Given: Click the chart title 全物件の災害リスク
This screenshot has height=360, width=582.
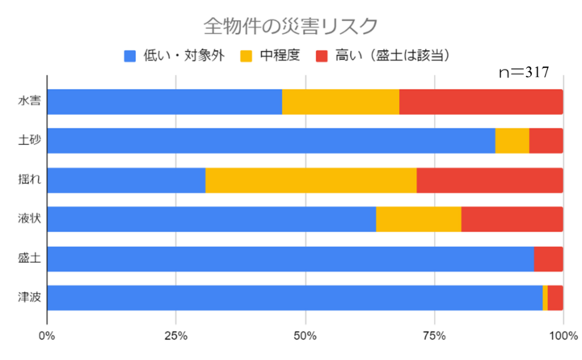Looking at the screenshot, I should click(x=290, y=26).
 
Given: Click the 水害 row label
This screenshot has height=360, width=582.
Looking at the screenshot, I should click(x=32, y=102).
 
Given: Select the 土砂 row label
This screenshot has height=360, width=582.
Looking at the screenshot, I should click(x=32, y=141).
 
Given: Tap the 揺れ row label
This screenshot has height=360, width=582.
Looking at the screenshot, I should click(x=32, y=180).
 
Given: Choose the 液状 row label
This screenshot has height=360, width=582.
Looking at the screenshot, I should click(x=32, y=219).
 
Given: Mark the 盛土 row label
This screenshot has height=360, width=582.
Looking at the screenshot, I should click(x=32, y=258).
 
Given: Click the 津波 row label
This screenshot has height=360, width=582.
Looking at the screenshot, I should click(x=32, y=298).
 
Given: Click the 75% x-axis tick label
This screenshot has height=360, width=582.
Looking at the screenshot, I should click(x=434, y=335).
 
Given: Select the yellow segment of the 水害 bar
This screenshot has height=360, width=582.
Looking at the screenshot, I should click(x=340, y=102).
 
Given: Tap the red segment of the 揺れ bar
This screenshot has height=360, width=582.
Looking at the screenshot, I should click(x=490, y=180).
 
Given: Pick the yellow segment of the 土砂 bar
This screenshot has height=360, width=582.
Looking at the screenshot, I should click(x=512, y=141).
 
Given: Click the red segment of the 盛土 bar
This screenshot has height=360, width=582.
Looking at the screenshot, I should click(x=548, y=258).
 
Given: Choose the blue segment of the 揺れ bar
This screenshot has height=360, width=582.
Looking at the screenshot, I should click(x=126, y=180).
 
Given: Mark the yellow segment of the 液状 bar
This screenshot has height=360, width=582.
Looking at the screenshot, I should click(x=419, y=219).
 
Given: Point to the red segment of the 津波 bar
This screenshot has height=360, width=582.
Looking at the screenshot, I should click(x=555, y=298).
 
